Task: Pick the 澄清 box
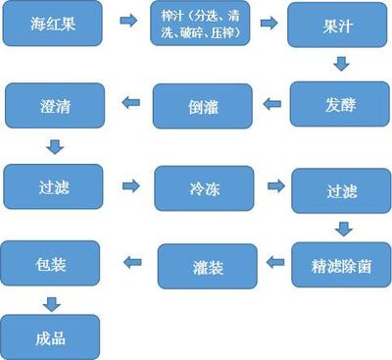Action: pyautogui.click(x=54, y=101)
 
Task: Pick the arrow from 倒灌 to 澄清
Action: pyautogui.click(x=128, y=101)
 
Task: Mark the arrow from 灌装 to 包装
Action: pyautogui.click(x=128, y=261)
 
